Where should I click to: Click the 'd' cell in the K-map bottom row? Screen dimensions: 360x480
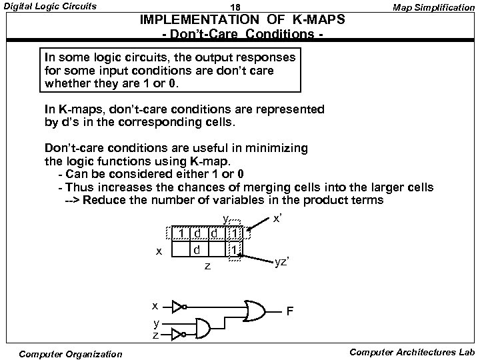pos(197,250)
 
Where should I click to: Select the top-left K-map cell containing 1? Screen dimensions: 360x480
pos(181,233)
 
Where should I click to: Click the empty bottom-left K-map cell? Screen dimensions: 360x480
pos(181,250)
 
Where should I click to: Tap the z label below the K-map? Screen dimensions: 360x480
pos(207,267)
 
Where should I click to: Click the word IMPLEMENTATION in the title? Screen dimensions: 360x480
pos(190,20)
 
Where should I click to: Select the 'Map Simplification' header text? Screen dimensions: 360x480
pos(433,7)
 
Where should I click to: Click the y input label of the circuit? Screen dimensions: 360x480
pos(155,324)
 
